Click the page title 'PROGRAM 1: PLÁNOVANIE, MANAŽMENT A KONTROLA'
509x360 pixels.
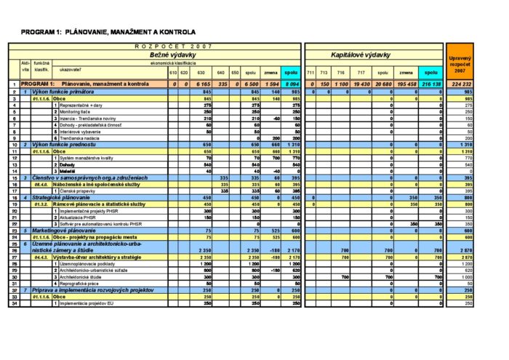coord(109,32)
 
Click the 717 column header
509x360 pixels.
coord(360,73)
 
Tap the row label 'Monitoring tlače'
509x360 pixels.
coord(79,112)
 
